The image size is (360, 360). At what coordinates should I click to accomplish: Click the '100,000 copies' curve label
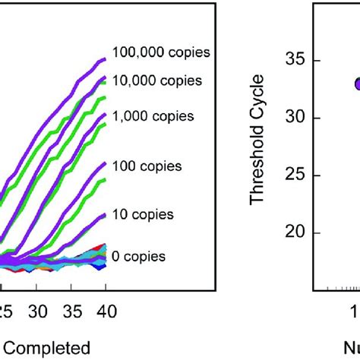(x=160, y=52)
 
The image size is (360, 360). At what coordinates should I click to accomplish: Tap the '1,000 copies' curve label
(x=153, y=116)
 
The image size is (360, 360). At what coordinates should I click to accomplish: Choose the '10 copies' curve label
(x=143, y=215)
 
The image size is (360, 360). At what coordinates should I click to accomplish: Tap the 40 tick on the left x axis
(x=106, y=311)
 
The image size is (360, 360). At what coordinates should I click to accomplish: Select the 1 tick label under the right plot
(x=354, y=312)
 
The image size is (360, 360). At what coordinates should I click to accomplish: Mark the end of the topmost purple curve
(x=106, y=58)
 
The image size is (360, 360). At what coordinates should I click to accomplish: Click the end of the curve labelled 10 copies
(x=106, y=214)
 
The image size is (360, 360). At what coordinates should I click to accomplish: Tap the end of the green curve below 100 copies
(x=106, y=179)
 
